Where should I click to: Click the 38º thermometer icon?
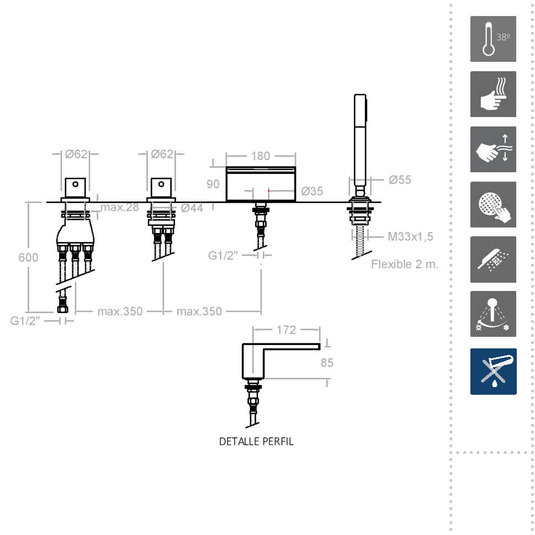(x=493, y=39)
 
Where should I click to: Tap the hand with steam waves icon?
(x=493, y=94)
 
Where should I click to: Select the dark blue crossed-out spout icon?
(x=493, y=371)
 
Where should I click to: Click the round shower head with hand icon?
(x=493, y=204)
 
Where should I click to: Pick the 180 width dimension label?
(x=261, y=156)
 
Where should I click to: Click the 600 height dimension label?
(x=28, y=257)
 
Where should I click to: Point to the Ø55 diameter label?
(x=400, y=180)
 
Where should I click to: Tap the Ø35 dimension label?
(x=312, y=191)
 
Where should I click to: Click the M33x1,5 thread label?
(x=410, y=236)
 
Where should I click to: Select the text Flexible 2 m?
(x=405, y=264)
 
